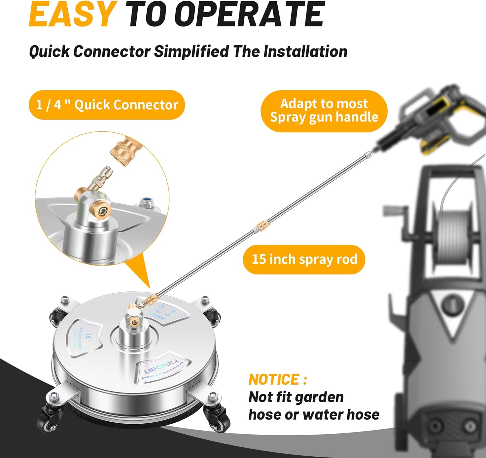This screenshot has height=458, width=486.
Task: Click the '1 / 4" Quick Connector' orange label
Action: [x=107, y=105]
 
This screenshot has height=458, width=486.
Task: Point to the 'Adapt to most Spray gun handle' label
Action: [x=324, y=111]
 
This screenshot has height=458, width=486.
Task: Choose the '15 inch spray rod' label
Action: [x=304, y=259]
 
